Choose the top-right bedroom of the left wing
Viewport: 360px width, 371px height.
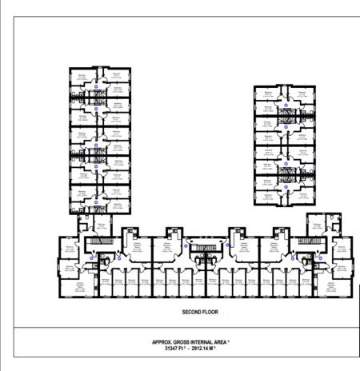116,76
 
